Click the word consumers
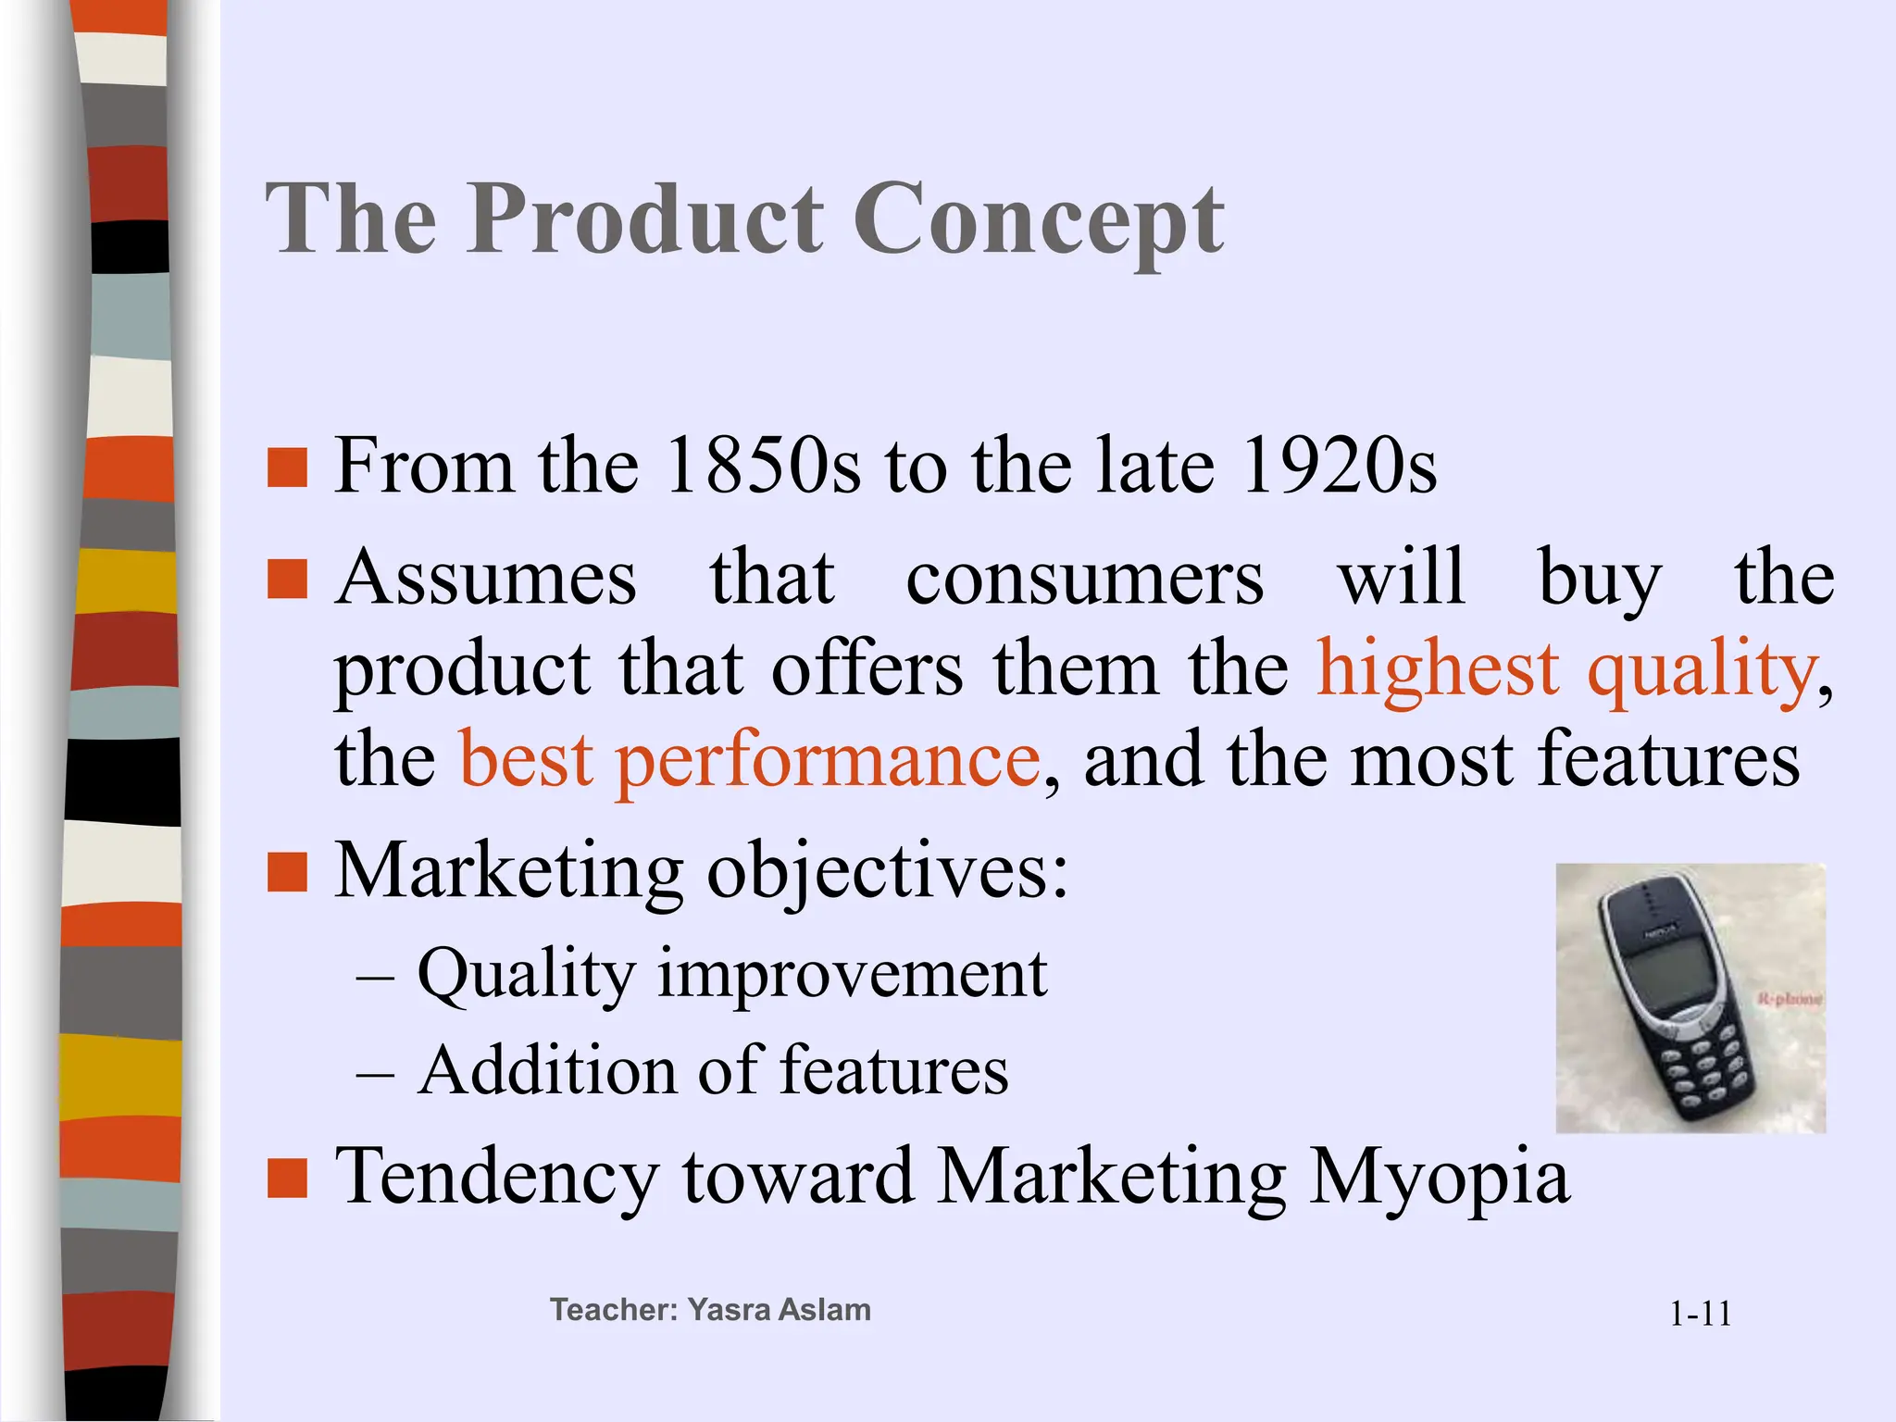[x=1084, y=579]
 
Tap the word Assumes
[x=486, y=579]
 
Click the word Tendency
[x=497, y=1178]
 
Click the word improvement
[x=852, y=975]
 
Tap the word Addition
[x=548, y=1071]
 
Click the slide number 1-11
[x=1700, y=1314]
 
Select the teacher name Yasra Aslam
[x=779, y=1310]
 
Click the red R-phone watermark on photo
[x=1790, y=999]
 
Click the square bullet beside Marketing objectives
[x=287, y=873]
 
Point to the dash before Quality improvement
[x=375, y=978]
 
